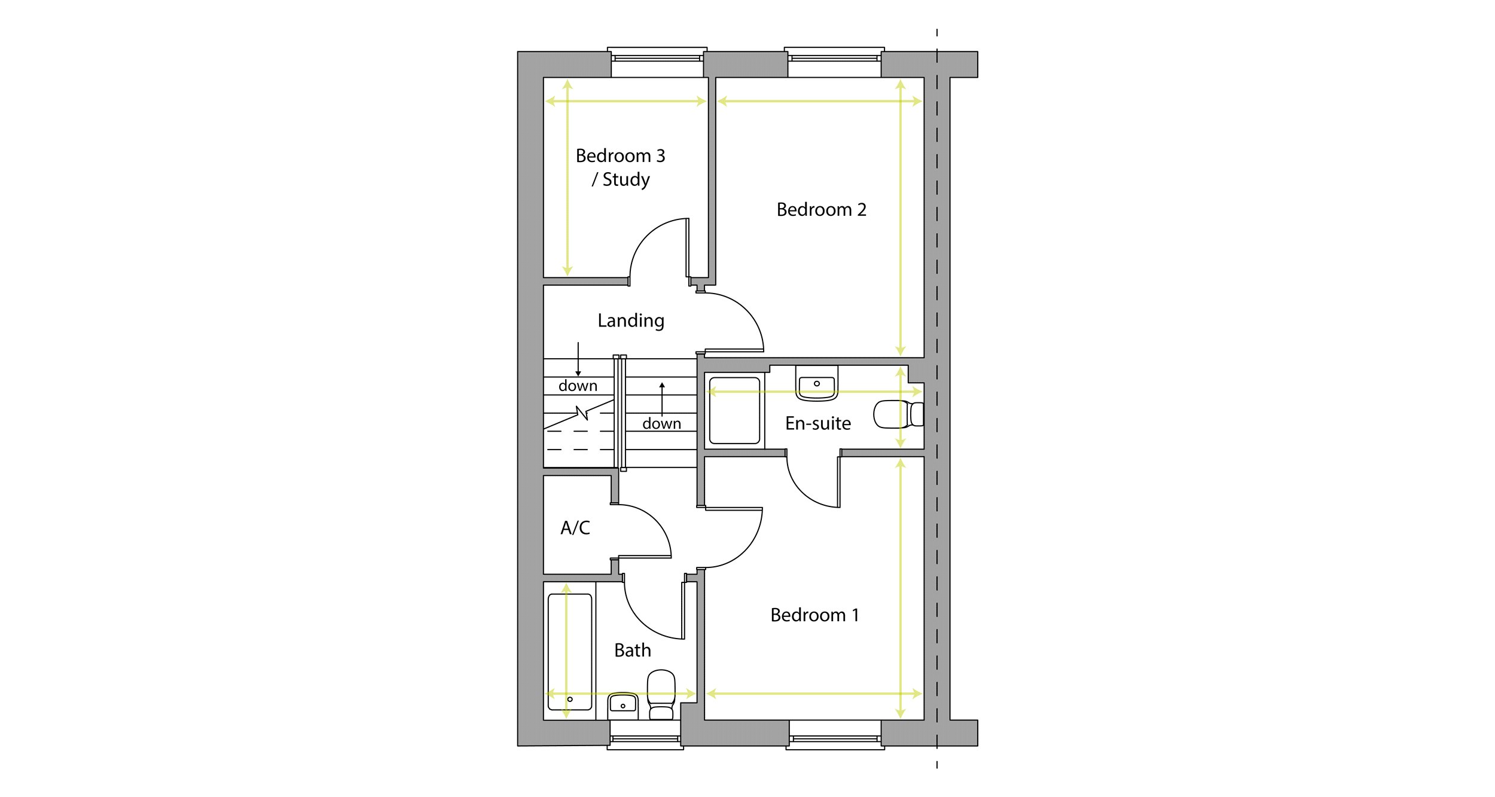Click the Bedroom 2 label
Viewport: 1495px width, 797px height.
tap(821, 210)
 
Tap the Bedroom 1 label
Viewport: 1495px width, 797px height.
tap(814, 615)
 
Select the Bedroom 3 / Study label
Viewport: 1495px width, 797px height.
tap(620, 167)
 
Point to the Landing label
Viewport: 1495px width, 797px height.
tap(631, 321)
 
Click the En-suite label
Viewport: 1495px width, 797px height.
tap(817, 423)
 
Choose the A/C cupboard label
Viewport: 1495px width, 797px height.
tap(575, 528)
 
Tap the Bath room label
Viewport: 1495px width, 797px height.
tap(632, 651)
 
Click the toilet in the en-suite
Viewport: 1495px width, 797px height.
tap(898, 414)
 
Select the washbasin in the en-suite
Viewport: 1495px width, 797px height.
tap(816, 383)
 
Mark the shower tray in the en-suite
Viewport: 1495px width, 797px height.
tap(734, 410)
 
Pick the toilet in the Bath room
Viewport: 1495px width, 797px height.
tap(661, 695)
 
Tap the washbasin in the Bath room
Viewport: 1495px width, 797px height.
tap(623, 706)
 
